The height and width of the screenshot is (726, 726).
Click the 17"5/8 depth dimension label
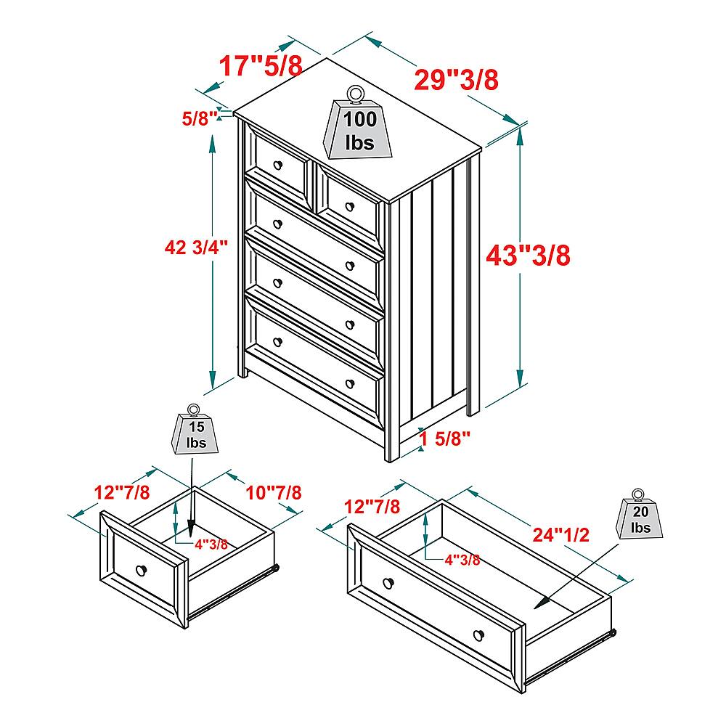coord(261,67)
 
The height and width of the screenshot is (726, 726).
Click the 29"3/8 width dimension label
coord(456,79)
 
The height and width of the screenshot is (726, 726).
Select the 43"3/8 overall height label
coord(528,256)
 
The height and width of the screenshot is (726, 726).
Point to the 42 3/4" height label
coord(197,248)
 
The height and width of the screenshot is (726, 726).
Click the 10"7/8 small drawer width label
coord(274,492)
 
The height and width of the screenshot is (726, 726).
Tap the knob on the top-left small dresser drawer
coord(277,166)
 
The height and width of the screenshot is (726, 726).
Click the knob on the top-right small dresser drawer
coord(349,204)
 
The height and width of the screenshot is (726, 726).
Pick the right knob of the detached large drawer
coord(478,636)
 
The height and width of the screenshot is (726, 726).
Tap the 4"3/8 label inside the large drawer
coord(462,559)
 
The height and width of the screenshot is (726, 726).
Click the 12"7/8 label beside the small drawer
coord(121,492)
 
